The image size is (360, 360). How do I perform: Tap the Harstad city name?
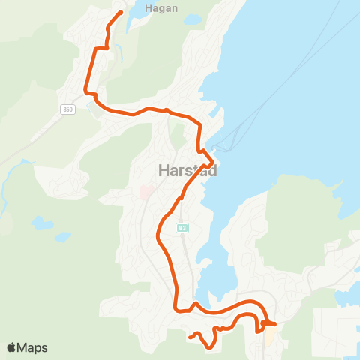[188, 171]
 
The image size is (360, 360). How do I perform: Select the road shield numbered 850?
[68, 109]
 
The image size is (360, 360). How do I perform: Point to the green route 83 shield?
[181, 227]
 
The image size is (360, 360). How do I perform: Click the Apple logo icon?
[12, 347]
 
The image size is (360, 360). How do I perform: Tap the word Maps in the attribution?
[33, 347]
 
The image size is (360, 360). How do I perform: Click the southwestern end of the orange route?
[190, 337]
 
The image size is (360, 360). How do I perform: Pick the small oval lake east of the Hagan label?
[193, 19]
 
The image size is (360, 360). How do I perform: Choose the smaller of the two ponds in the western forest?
[64, 237]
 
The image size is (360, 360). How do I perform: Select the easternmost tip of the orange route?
[275, 324]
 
